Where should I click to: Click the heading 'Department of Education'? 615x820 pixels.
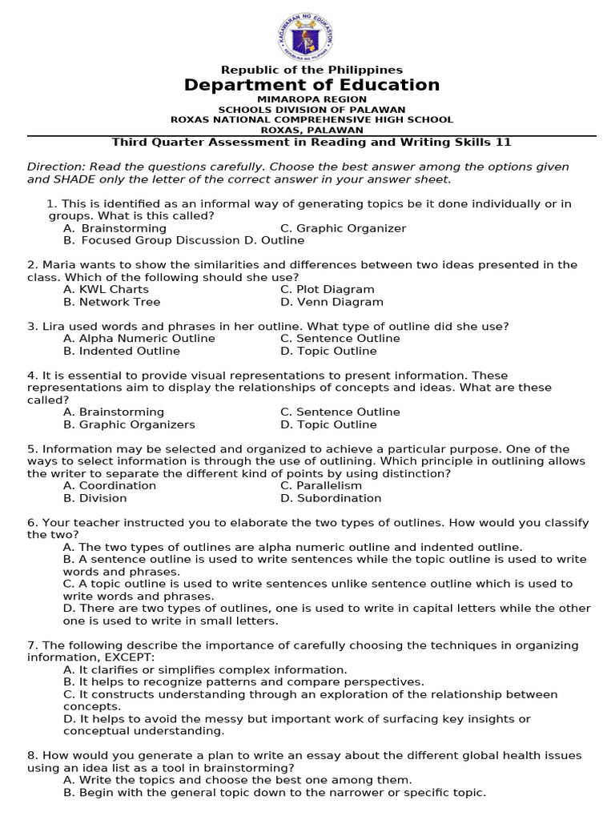(x=312, y=85)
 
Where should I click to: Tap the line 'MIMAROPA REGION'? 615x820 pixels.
(x=312, y=99)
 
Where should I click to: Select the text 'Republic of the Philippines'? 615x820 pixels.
(x=312, y=70)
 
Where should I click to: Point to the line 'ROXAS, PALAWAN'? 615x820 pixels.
(x=312, y=130)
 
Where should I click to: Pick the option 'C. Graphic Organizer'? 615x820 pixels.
(x=343, y=228)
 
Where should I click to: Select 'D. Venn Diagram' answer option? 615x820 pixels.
(x=332, y=302)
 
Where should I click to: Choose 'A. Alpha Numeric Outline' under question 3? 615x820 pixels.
(x=139, y=338)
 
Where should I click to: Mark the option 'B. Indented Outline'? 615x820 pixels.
(x=122, y=351)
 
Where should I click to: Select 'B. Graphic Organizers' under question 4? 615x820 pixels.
(x=129, y=424)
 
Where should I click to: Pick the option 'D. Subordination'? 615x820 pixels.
(x=331, y=498)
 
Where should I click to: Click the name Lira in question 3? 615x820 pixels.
(x=54, y=326)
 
